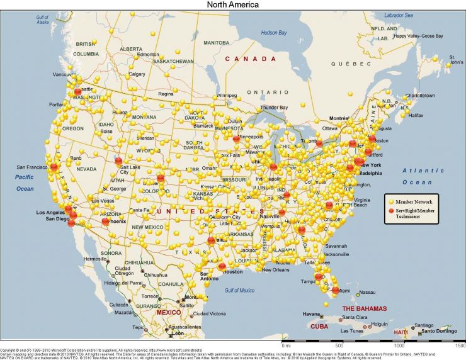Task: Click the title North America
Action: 232,4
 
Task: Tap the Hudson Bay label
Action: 274,32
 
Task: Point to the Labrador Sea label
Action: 400,14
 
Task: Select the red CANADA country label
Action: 251,59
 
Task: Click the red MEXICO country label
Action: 168,312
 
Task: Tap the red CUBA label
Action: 319,327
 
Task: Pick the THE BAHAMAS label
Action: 364,308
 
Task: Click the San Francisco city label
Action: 32,167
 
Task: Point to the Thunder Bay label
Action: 274,108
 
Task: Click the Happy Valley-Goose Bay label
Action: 419,36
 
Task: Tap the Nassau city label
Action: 367,292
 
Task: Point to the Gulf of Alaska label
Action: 42,19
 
